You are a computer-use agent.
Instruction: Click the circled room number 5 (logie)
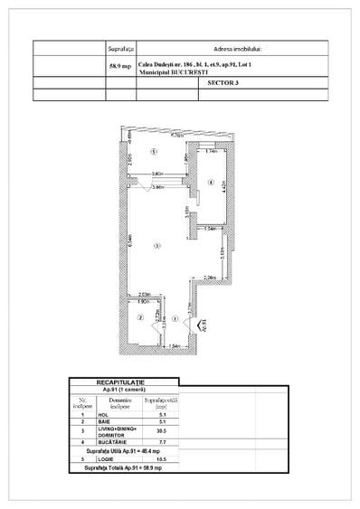[x=155, y=152]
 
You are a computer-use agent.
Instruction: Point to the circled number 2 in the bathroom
[x=139, y=317]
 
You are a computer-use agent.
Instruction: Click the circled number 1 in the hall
[x=175, y=317]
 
